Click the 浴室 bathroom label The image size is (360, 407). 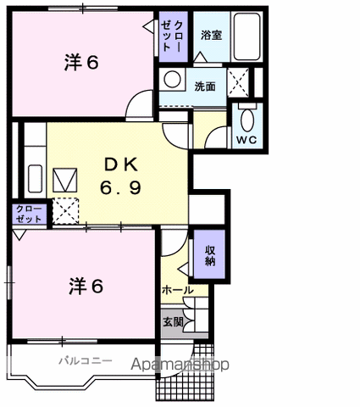point(211,35)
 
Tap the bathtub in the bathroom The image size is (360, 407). point(247,36)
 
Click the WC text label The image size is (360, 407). point(246,140)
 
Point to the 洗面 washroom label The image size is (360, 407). point(205,86)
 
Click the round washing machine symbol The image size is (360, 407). point(172,79)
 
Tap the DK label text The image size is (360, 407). point(121,164)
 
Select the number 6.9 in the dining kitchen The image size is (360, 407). point(120,187)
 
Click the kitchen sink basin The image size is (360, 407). point(36,179)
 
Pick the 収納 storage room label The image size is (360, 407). point(210,255)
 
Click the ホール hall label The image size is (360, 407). point(178,290)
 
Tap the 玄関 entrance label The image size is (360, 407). point(173,322)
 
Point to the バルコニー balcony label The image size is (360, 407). point(86,360)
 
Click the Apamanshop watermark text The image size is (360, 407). point(180,365)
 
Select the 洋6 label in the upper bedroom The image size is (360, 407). point(81,63)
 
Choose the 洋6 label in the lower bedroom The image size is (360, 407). point(86,286)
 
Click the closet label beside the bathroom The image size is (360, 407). point(172,36)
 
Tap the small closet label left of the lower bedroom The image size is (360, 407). point(29,214)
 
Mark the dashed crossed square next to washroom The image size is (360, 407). point(238,82)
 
